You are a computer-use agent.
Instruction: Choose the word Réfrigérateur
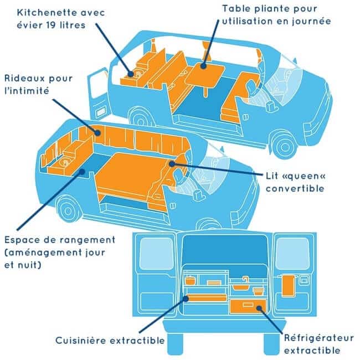point(319,338)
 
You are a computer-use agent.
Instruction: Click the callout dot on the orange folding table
point(203,66)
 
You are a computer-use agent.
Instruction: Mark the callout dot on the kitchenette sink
point(130,74)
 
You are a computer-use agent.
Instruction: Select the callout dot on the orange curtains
point(97,133)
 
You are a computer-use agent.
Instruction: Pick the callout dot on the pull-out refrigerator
point(259,308)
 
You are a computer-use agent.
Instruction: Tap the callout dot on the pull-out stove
point(186,299)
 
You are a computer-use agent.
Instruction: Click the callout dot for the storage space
point(82,172)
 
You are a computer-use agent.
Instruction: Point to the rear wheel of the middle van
point(68,211)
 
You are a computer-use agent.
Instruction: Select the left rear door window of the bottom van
point(156,253)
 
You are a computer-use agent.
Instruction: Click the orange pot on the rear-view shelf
point(190,281)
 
